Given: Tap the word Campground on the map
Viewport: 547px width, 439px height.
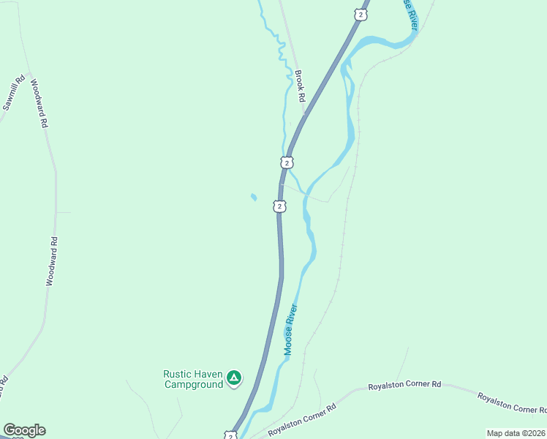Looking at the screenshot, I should [x=193, y=384].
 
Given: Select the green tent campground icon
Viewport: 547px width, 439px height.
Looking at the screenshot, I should [x=233, y=378].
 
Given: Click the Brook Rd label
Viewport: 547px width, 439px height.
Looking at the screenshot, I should [x=300, y=86].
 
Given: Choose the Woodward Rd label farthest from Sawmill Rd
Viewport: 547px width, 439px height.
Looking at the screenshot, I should [x=51, y=260].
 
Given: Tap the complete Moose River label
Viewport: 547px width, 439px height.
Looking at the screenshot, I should [x=292, y=330].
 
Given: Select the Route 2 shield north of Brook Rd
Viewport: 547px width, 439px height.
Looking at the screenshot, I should [x=359, y=15].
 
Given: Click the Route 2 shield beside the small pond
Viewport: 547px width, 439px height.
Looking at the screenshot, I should [x=279, y=206].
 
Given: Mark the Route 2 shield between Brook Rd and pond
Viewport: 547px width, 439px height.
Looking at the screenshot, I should [x=287, y=162].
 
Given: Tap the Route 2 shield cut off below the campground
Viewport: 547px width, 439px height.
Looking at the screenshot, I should [x=230, y=435].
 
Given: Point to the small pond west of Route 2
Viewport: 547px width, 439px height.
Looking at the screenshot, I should [x=254, y=197].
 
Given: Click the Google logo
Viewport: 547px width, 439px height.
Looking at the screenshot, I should [x=24, y=430].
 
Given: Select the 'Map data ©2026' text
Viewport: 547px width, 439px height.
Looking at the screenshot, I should [x=516, y=433].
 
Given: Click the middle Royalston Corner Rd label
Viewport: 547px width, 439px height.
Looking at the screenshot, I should [x=404, y=384].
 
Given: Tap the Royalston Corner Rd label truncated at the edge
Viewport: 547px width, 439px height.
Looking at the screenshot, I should [x=512, y=403].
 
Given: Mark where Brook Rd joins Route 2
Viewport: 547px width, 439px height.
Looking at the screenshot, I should [x=305, y=113].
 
